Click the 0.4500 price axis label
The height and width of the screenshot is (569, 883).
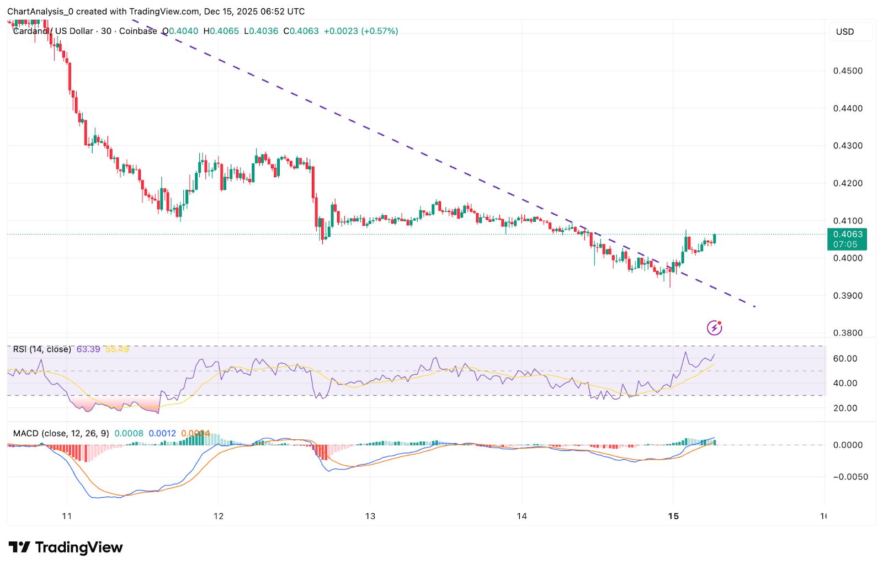pos(848,71)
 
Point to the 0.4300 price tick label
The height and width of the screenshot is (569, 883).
pos(848,146)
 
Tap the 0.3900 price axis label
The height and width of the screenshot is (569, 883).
pos(848,296)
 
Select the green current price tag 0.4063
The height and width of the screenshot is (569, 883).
pos(847,239)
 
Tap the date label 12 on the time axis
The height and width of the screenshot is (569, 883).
pos(219,517)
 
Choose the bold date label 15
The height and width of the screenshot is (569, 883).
pos(673,517)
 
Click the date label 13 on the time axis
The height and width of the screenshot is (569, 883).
pos(370,517)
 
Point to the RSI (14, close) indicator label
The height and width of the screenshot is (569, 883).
pos(42,349)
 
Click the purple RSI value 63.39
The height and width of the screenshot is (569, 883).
pos(88,349)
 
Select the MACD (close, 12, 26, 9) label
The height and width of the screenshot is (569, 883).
pos(61,434)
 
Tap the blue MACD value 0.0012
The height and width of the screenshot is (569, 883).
pos(162,434)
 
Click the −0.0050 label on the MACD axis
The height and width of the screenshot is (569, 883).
pos(850,477)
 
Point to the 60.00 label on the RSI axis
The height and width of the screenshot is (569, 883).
pos(845,359)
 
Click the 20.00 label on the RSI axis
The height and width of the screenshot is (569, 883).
pos(845,408)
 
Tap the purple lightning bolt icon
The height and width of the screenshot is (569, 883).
pos(715,328)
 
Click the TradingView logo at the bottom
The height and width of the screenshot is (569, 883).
pos(66,547)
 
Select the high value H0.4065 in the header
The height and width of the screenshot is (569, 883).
pos(221,31)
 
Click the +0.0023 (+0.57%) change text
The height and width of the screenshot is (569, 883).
pos(360,31)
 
